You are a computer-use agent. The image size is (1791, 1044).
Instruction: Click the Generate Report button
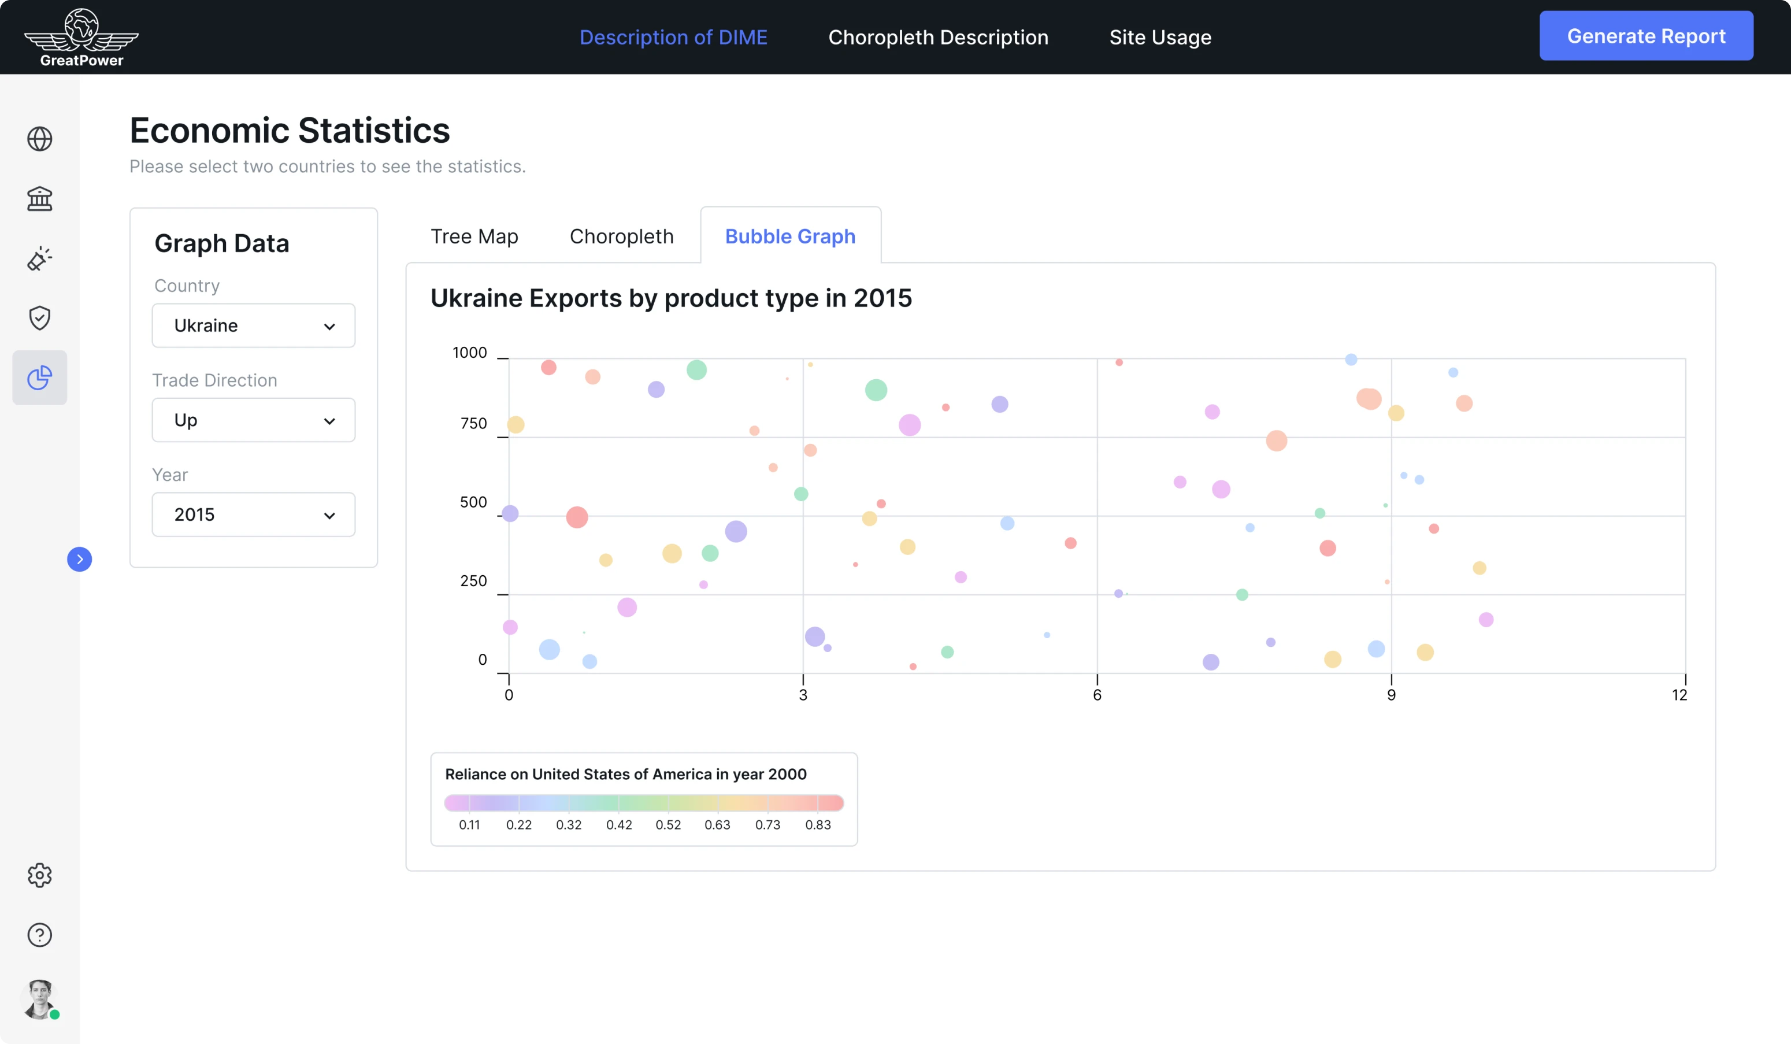click(x=1645, y=36)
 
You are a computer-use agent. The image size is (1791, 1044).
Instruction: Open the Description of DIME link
click(x=673, y=37)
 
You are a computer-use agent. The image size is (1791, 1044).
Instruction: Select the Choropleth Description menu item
click(x=937, y=37)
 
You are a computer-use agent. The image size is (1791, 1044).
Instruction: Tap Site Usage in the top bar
click(x=1160, y=37)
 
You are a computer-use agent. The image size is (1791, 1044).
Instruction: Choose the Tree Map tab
click(x=474, y=236)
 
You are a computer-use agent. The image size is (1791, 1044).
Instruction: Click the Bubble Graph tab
click(x=789, y=236)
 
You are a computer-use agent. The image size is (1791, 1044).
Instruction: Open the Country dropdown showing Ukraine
click(x=253, y=325)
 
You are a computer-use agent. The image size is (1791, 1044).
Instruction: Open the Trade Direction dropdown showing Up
click(x=253, y=420)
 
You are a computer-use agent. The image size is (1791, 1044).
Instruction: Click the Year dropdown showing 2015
click(x=253, y=514)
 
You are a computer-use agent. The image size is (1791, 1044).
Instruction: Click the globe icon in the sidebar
click(x=40, y=139)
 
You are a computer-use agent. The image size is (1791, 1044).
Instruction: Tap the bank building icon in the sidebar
click(x=40, y=198)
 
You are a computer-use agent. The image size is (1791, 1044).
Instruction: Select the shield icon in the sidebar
click(x=40, y=318)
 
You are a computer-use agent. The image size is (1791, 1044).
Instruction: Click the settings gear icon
click(x=40, y=875)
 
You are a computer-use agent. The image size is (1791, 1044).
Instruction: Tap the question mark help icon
click(x=40, y=935)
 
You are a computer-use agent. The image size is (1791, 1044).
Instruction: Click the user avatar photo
click(x=40, y=998)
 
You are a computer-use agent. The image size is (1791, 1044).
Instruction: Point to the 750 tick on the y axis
click(x=473, y=424)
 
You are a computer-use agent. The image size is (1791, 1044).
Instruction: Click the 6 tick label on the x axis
click(x=1097, y=695)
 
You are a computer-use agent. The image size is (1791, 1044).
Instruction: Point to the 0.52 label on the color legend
click(x=668, y=824)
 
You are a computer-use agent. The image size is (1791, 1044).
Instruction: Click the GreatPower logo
click(x=81, y=38)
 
